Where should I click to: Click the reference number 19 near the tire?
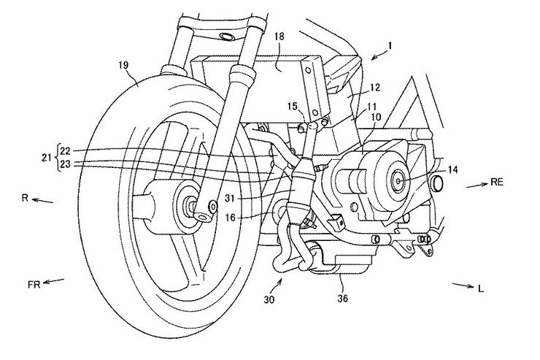click(124, 65)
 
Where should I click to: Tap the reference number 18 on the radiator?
click(279, 37)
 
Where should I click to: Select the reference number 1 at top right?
click(390, 45)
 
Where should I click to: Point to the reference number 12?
click(374, 87)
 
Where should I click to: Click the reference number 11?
click(371, 107)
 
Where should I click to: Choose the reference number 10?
click(376, 117)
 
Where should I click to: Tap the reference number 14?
click(453, 169)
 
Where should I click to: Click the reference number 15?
click(292, 106)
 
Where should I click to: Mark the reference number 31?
click(230, 198)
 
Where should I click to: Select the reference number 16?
click(231, 218)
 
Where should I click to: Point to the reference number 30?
click(269, 299)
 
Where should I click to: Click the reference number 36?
click(343, 298)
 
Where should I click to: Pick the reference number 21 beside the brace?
click(47, 158)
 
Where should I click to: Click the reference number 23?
click(66, 164)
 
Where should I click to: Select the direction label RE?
click(497, 183)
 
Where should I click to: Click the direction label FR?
click(34, 285)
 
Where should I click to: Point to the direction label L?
click(481, 288)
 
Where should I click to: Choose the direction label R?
click(25, 199)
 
